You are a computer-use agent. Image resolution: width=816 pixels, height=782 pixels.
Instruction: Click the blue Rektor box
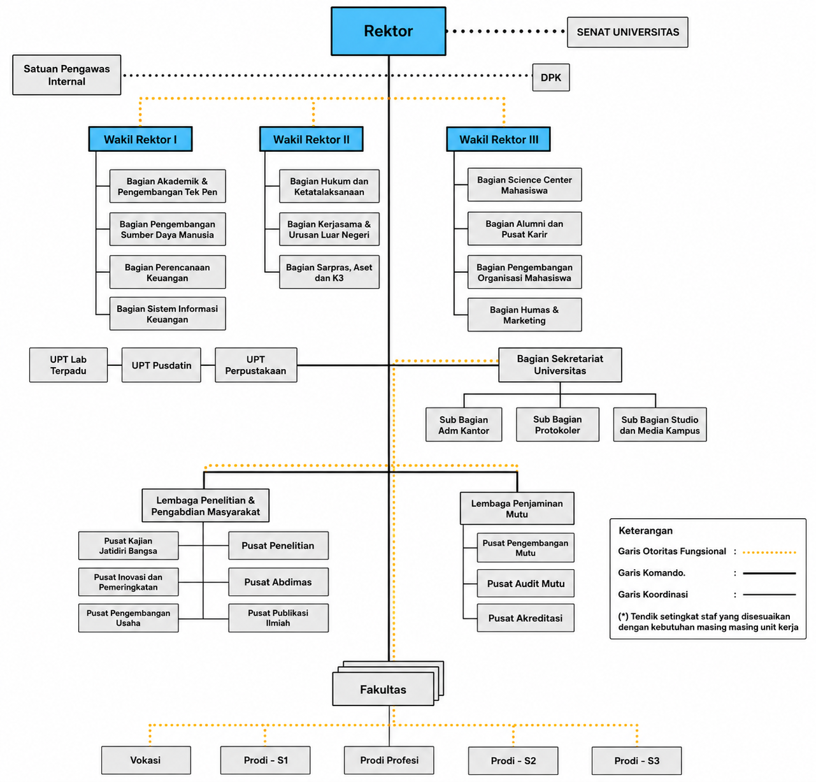pos(389,31)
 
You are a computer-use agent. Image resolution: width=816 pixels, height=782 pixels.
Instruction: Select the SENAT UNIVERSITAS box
pos(627,33)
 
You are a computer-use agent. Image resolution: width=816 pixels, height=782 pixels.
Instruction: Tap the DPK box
pos(550,78)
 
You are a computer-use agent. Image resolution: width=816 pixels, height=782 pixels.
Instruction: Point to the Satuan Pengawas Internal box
pos(67,75)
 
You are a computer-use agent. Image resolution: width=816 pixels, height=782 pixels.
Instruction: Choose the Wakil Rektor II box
pos(311,140)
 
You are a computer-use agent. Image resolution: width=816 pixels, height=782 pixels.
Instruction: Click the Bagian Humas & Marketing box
pos(525,315)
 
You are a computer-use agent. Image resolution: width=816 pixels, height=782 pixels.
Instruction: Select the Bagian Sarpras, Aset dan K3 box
pos(329,272)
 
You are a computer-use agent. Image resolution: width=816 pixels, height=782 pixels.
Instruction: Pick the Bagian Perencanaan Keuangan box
pos(168,272)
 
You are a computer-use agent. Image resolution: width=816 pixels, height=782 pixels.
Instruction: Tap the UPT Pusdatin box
pos(161,365)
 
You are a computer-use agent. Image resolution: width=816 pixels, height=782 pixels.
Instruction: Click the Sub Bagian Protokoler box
pos(557,424)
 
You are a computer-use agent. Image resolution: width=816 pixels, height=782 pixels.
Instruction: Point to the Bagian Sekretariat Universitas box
pos(560,365)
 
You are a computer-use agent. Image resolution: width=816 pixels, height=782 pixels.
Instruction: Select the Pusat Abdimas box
pos(278,582)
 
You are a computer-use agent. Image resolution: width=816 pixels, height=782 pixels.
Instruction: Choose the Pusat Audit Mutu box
pos(526,583)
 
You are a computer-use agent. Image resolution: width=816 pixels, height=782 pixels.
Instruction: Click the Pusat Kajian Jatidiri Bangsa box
pos(128,546)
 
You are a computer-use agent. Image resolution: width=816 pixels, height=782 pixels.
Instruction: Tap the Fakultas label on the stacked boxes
pos(383,690)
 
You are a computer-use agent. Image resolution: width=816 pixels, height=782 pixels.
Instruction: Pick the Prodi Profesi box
pos(389,760)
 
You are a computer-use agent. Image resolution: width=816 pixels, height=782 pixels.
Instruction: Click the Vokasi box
pos(145,760)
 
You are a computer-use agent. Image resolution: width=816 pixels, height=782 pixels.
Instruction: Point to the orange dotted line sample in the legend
pos(769,553)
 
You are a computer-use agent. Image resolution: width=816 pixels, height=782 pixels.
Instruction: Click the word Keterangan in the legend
pos(645,531)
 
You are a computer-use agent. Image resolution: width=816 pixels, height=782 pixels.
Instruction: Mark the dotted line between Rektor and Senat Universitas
pos(506,31)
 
